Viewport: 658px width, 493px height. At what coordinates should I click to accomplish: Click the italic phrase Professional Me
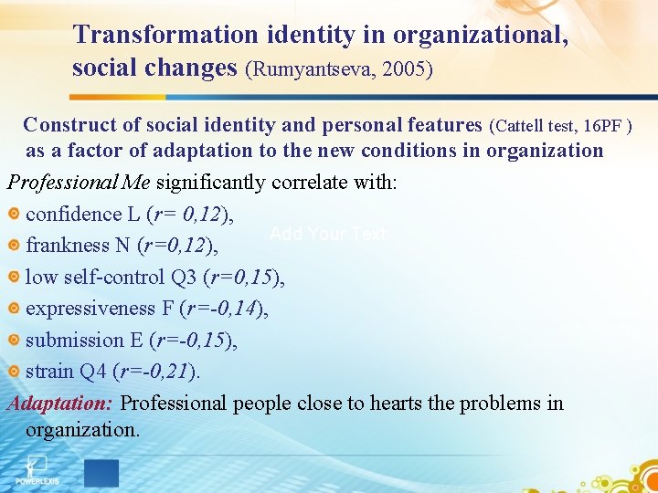click(x=80, y=182)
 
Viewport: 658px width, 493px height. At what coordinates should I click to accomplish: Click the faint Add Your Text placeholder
click(x=328, y=235)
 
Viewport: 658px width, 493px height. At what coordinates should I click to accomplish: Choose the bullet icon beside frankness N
click(x=14, y=246)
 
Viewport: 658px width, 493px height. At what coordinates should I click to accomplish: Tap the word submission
click(x=75, y=340)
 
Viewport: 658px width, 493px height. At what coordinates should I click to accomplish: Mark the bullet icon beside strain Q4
click(x=14, y=372)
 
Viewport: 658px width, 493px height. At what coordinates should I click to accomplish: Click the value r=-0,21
click(x=154, y=372)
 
